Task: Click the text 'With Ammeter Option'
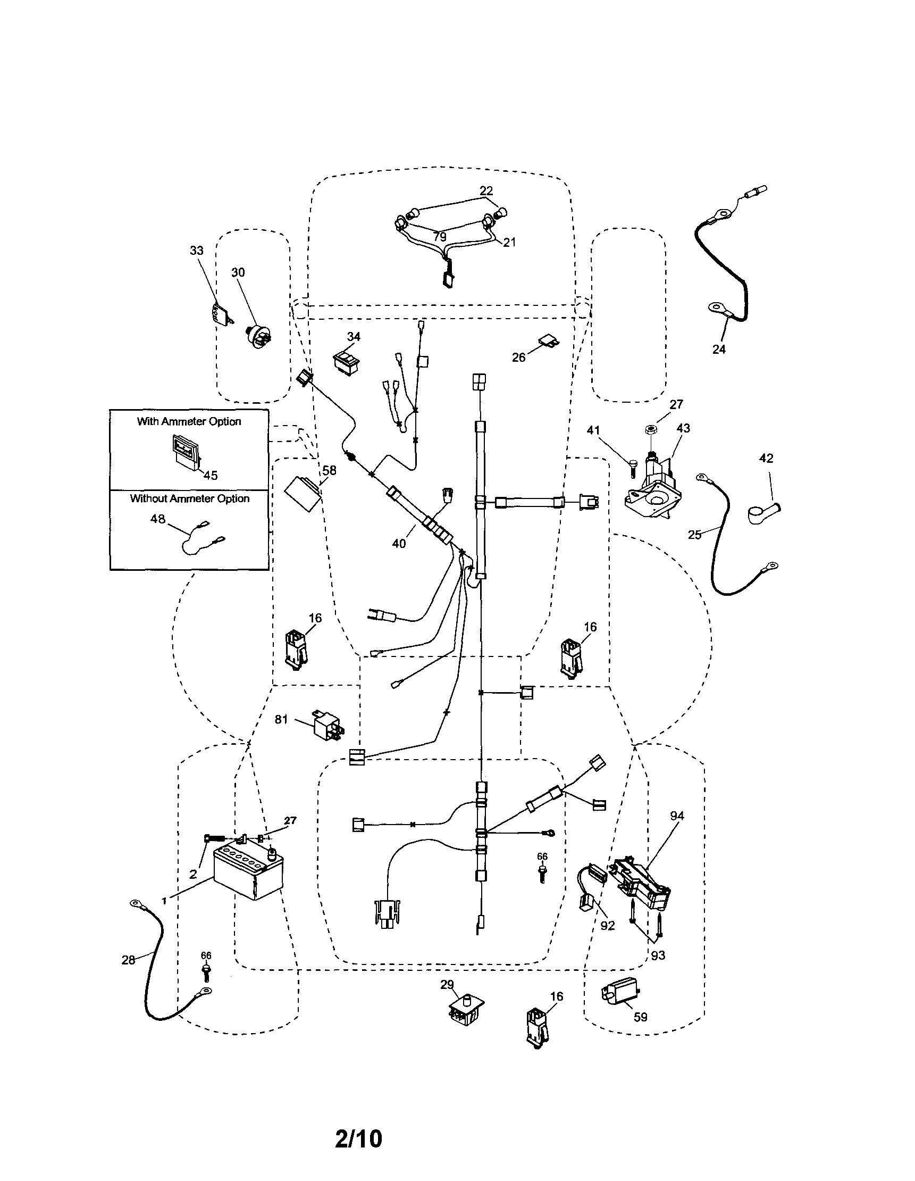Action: tap(189, 421)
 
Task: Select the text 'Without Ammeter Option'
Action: tap(189, 498)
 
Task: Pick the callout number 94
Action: tap(677, 816)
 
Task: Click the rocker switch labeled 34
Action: tap(347, 361)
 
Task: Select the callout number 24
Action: tap(718, 350)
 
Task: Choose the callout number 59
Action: tap(640, 1017)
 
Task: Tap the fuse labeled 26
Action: tap(549, 340)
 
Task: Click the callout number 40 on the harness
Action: tap(398, 544)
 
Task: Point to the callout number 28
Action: tap(128, 960)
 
